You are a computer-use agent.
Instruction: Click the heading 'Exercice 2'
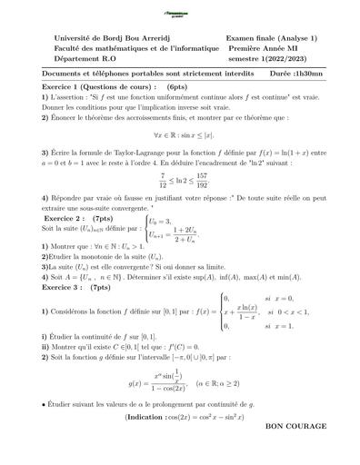pos(70,219)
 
